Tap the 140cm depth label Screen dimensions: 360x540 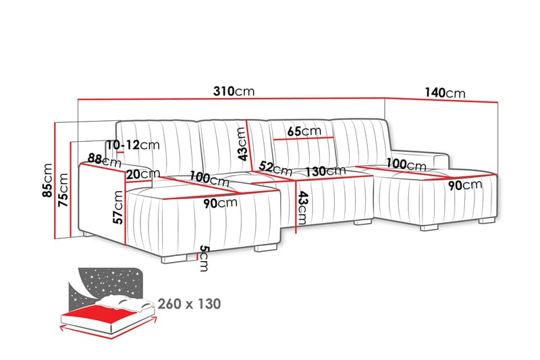[445, 93]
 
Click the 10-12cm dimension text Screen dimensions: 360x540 [132, 145]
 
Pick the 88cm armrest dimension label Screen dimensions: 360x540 [103, 161]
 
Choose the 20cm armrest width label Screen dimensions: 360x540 [142, 174]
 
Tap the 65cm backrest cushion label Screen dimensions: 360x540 [303, 131]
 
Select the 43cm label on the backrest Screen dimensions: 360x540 [242, 143]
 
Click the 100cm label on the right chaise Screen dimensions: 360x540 [406, 163]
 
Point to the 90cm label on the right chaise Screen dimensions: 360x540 [462, 184]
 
